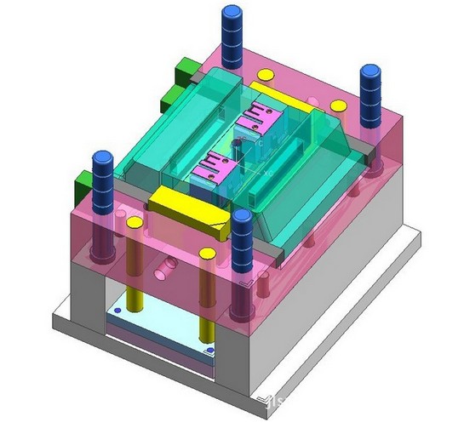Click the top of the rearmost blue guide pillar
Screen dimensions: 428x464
(229, 13)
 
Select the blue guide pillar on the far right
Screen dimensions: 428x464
(369, 94)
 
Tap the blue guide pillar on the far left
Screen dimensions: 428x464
(101, 183)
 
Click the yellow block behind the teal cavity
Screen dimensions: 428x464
(272, 88)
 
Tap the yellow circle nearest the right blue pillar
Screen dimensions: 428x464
(338, 106)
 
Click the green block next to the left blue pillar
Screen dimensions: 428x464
(84, 180)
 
